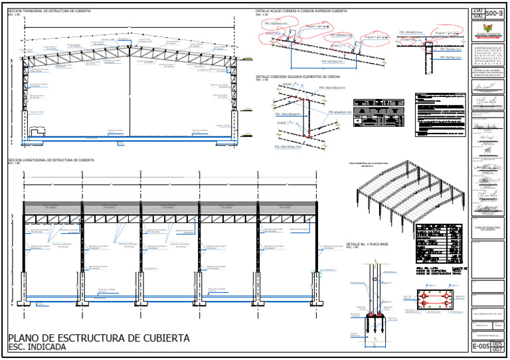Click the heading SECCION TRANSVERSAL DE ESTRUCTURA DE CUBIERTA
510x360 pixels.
click(x=49, y=11)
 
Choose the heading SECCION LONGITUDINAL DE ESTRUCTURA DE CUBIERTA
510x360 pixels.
click(x=50, y=160)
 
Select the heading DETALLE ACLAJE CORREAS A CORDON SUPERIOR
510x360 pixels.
click(x=301, y=11)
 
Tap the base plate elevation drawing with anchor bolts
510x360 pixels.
click(x=376, y=299)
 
